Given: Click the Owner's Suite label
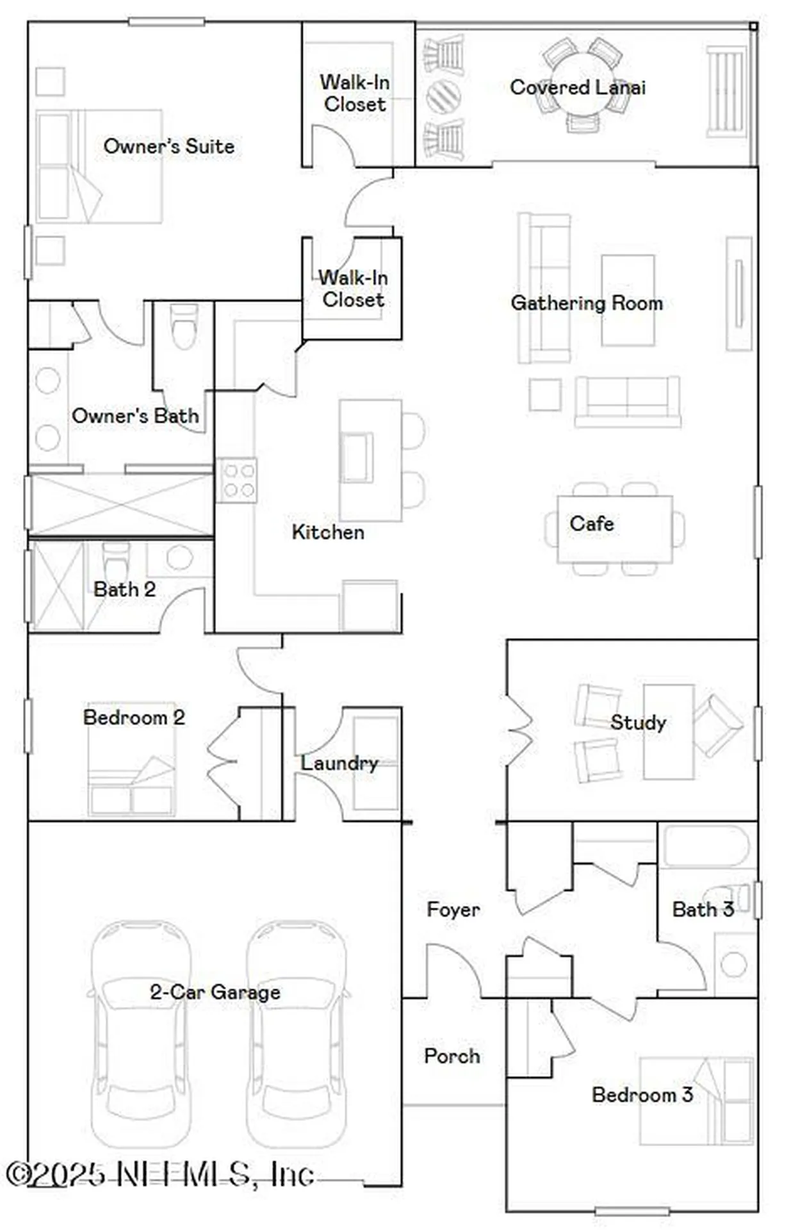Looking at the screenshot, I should click(168, 146).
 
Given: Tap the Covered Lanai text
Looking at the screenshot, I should click(577, 87).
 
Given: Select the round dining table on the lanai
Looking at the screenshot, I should click(582, 83).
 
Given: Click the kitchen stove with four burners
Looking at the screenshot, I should click(237, 480).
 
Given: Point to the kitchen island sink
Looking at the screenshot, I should click(357, 457).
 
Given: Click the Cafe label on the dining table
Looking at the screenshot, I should click(592, 523).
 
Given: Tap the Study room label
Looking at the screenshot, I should click(638, 723).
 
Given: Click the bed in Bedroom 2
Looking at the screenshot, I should click(131, 762).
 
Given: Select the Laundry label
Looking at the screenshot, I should click(339, 763).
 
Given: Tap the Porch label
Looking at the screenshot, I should click(452, 1056).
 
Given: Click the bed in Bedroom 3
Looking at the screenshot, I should click(697, 1101).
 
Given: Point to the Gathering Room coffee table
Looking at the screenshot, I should click(628, 300).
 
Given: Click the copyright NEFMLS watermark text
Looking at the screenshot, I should click(160, 1174).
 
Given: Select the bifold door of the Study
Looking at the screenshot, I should click(520, 730).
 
